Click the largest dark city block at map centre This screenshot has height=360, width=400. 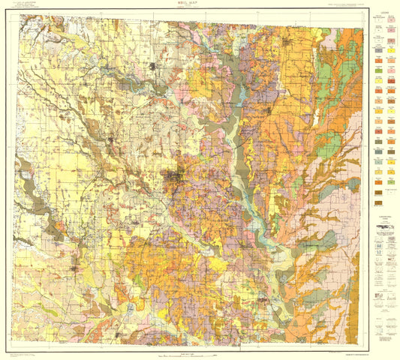(177, 178)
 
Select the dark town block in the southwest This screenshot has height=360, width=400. (75, 267)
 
